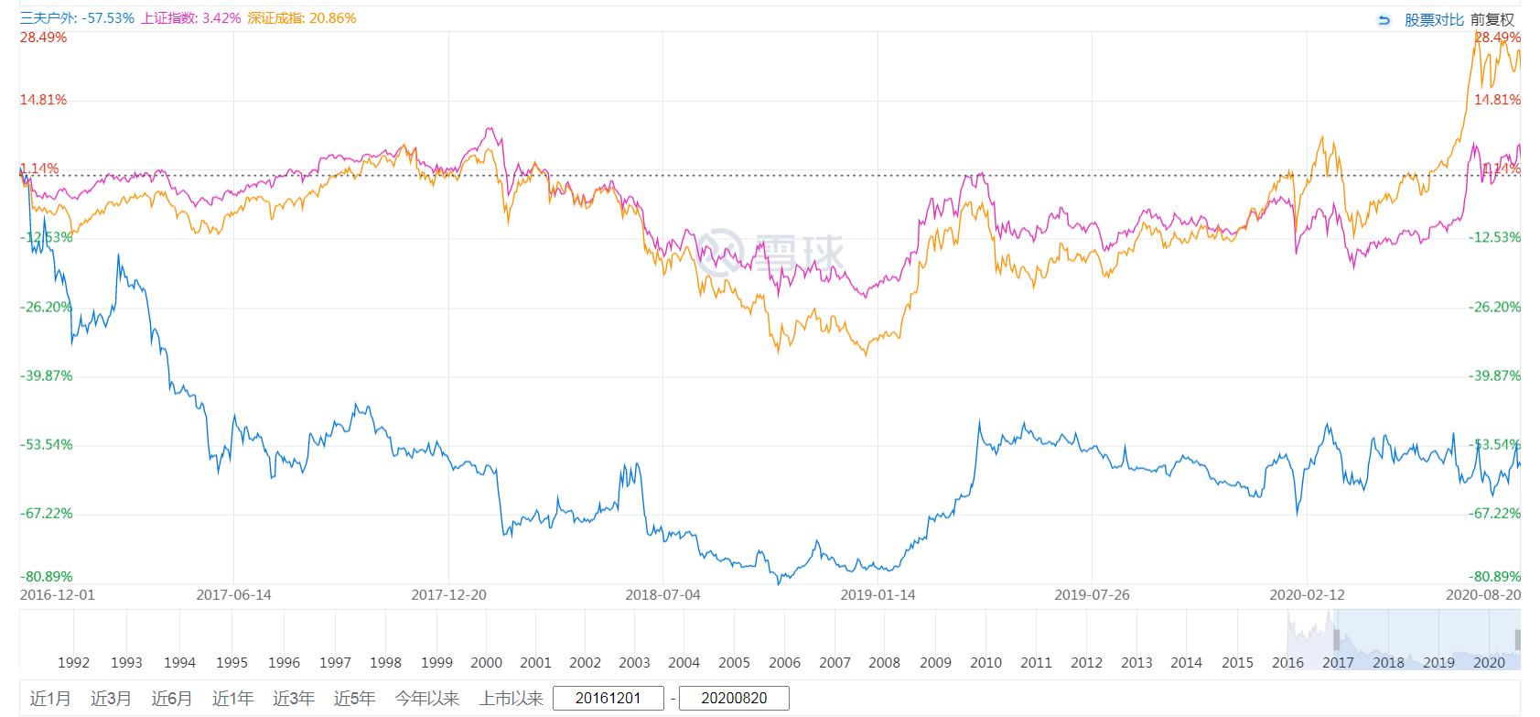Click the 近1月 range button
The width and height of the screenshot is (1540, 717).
click(x=50, y=699)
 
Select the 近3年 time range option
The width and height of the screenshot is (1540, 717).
click(x=294, y=699)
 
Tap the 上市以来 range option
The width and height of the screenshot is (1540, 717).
click(x=511, y=699)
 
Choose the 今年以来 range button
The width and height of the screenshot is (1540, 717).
click(x=427, y=699)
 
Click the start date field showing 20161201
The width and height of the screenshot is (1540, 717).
click(x=608, y=699)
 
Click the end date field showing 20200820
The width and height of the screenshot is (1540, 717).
click(x=734, y=699)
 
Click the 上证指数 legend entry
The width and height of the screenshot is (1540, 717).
click(x=191, y=18)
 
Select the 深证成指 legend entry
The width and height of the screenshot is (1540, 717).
click(x=301, y=18)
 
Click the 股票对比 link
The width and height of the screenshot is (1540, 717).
click(x=1434, y=19)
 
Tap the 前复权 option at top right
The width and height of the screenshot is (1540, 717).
click(x=1493, y=19)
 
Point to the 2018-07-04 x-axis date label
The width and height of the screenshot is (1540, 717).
click(x=662, y=594)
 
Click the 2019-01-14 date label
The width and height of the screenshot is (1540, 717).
click(x=878, y=594)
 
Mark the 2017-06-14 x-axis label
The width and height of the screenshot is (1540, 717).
click(x=233, y=594)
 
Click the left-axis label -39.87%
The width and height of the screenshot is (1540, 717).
click(x=46, y=375)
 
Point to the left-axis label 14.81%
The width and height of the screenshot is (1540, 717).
click(x=43, y=100)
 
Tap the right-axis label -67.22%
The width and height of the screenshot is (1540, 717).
click(x=1494, y=513)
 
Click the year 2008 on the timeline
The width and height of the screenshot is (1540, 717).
click(x=884, y=662)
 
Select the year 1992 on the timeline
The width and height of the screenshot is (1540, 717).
click(x=73, y=662)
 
